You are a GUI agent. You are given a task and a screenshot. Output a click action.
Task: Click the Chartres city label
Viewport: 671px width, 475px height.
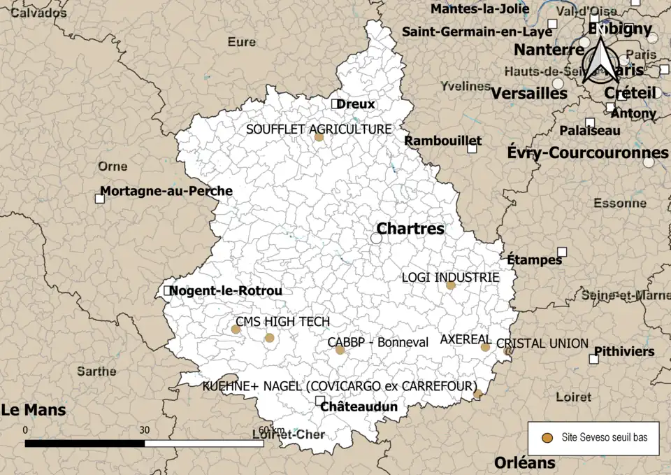pyautogui.click(x=410, y=229)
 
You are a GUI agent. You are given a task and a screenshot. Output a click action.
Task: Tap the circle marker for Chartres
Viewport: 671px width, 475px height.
pyautogui.click(x=376, y=239)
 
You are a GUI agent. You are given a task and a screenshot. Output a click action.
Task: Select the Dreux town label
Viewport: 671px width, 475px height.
pyautogui.click(x=356, y=104)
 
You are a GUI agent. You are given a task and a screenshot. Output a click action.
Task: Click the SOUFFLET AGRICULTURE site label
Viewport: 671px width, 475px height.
pyautogui.click(x=319, y=129)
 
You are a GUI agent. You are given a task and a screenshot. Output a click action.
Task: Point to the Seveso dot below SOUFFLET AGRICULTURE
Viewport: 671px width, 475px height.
pyautogui.click(x=319, y=137)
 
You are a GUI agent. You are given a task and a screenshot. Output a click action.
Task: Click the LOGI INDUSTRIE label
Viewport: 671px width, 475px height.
pyautogui.click(x=450, y=277)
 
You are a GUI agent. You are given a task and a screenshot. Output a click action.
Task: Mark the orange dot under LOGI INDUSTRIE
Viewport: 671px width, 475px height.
pyautogui.click(x=451, y=285)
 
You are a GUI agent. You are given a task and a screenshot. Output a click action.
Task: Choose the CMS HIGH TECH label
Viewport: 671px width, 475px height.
pyautogui.click(x=282, y=321)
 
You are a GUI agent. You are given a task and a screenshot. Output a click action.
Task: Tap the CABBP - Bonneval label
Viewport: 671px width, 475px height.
pyautogui.click(x=368, y=342)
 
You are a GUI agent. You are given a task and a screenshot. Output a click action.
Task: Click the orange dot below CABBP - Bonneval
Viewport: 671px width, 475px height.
pyautogui.click(x=340, y=350)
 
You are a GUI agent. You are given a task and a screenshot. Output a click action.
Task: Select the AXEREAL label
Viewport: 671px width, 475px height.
pyautogui.click(x=466, y=339)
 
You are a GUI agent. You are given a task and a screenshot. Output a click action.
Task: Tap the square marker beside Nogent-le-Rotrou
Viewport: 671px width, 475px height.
pyautogui.click(x=168, y=290)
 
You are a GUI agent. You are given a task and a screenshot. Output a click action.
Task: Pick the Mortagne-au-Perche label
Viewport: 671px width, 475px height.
pyautogui.click(x=166, y=190)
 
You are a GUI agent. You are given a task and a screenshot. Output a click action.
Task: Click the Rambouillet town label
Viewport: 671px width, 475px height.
pyautogui.click(x=443, y=141)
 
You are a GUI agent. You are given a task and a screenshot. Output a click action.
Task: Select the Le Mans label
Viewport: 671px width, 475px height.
pyautogui.click(x=34, y=409)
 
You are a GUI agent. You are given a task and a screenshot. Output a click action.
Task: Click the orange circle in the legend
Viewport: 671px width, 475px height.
pyautogui.click(x=548, y=438)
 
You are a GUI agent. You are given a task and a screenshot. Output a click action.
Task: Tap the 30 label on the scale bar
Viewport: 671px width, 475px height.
pyautogui.click(x=145, y=430)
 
